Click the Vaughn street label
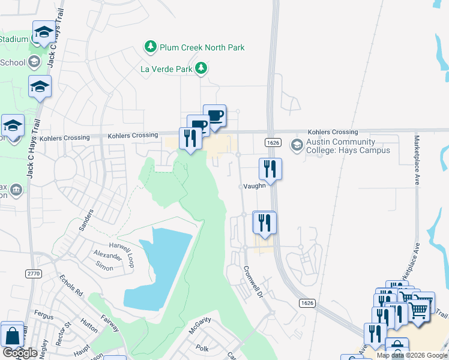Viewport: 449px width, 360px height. pyautogui.click(x=255, y=186)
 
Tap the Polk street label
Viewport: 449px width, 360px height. pyautogui.click(x=202, y=347)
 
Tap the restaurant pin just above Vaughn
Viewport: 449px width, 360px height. pyautogui.click(x=270, y=169)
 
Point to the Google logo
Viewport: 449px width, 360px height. pyautogui.click(x=20, y=353)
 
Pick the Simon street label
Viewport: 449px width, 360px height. pyautogui.click(x=104, y=266)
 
